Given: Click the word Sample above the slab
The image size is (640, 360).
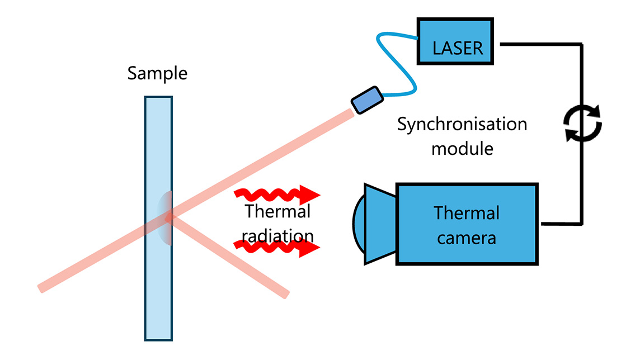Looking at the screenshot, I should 157,73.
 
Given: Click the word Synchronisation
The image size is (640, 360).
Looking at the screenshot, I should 462,124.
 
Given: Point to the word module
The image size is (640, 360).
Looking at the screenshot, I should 462,149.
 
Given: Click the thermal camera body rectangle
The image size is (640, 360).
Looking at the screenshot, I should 467,224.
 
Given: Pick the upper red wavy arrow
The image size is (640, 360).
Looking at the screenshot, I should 277,196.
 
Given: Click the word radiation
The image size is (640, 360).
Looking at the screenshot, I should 278,235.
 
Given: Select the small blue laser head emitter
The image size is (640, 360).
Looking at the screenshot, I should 366,99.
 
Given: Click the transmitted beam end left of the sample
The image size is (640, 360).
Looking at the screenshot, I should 42,288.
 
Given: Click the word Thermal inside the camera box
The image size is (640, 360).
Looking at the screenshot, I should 467,213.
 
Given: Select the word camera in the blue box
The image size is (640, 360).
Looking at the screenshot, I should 467,238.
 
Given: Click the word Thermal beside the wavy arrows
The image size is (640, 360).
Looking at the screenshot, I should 278,212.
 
